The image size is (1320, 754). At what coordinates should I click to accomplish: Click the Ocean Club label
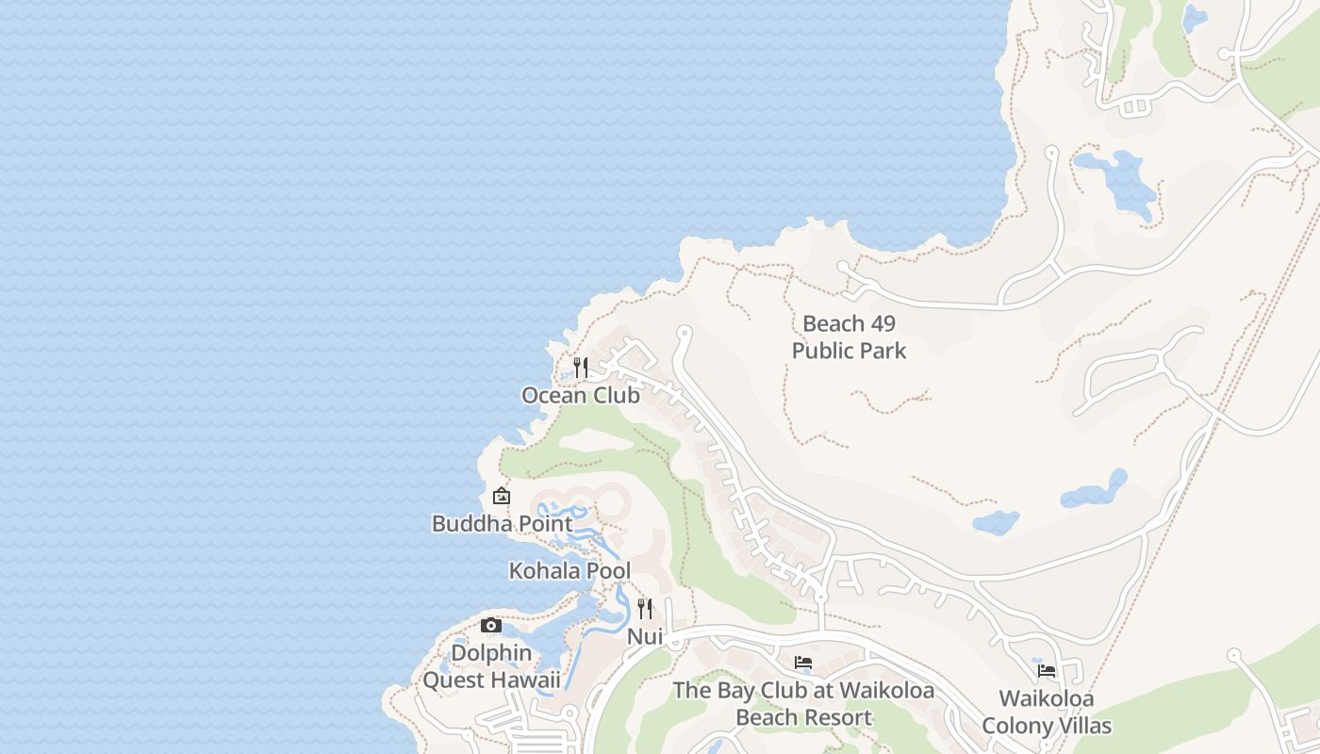pos(581,395)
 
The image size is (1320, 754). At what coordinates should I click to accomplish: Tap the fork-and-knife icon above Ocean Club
pos(581,367)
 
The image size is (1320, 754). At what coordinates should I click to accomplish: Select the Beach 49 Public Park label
pos(849,336)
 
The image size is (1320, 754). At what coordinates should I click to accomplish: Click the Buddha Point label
pos(502,523)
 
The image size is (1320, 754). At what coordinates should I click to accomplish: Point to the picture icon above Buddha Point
pos(502,496)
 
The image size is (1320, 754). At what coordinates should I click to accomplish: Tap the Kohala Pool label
pos(569,570)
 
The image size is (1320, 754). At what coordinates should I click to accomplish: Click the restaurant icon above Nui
pos(645,609)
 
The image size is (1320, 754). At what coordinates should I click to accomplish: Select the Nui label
pos(645,637)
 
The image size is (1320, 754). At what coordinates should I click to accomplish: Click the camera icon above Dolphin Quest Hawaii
pos(490,625)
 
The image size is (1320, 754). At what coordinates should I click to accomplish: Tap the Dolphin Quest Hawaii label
pos(491,666)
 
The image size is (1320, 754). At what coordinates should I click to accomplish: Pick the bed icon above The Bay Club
pos(803,663)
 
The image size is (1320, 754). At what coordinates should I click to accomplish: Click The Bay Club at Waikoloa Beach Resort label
pos(803,704)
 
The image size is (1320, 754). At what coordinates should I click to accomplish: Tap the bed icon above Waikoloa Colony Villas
pos(1047,671)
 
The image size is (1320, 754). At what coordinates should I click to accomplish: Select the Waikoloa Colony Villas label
pos(1047,713)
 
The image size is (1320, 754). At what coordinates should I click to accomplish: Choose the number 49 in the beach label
pos(883,323)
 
